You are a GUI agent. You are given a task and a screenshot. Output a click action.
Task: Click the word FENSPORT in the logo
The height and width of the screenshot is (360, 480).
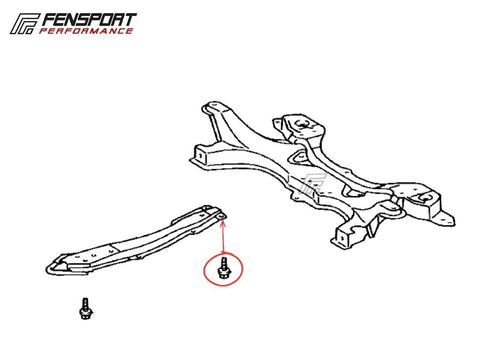point(89,20)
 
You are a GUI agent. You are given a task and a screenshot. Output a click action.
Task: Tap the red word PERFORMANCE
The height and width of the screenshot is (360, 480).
point(86,31)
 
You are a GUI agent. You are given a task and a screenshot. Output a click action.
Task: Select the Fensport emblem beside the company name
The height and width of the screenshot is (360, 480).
point(24,24)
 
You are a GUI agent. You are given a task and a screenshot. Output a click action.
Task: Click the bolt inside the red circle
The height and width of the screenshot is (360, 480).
point(223,269)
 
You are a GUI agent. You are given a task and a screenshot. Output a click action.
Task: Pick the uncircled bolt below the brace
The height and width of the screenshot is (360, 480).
point(86,309)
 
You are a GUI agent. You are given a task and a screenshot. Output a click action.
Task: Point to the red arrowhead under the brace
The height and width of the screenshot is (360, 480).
point(223,223)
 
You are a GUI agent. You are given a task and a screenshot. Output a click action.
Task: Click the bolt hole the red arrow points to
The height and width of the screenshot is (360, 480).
point(222,217)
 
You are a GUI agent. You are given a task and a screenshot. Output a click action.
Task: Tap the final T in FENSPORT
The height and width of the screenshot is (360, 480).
point(131,20)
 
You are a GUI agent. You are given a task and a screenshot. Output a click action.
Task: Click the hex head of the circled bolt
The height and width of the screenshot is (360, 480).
point(223,274)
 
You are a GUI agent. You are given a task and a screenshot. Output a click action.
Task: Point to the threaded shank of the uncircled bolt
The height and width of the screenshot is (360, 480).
point(85,303)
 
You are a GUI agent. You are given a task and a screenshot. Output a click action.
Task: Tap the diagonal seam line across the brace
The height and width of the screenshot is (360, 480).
point(114,248)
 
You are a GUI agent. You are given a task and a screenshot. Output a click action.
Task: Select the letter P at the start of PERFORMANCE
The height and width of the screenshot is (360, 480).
point(43,31)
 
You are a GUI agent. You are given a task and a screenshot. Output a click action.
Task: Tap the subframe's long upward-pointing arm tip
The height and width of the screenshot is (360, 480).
point(211,107)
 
